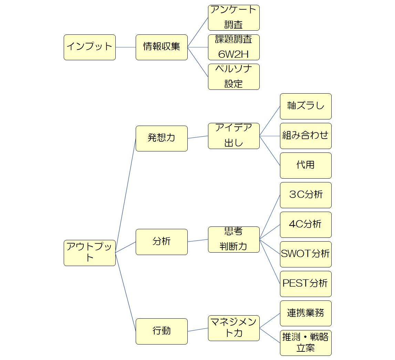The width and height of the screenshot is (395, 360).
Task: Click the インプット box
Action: click(90, 47)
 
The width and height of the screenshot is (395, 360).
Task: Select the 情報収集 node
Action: click(162, 47)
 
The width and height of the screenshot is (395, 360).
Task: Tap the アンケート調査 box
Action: click(233, 18)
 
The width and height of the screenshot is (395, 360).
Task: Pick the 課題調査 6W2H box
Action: click(233, 47)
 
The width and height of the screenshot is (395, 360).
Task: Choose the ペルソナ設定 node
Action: click(233, 76)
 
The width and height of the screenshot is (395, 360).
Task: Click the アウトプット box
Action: click(90, 253)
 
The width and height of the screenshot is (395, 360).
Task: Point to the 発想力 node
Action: click(162, 138)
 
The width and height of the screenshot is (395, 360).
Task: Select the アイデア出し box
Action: click(233, 136)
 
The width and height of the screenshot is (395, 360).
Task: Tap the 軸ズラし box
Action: click(305, 106)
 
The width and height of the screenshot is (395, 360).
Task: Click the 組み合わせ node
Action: click(305, 136)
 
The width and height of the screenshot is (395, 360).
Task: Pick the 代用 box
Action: click(305, 165)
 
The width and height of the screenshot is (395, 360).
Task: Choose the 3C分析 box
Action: click(305, 195)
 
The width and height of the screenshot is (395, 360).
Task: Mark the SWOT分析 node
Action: click(305, 254)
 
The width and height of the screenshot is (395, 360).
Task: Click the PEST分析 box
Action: click(305, 284)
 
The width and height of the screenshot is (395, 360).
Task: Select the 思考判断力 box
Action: click(233, 239)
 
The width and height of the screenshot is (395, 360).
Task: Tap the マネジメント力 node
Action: click(233, 328)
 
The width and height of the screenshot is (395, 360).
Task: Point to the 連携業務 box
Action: click(305, 313)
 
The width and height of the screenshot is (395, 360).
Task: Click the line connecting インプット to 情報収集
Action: click(126, 47)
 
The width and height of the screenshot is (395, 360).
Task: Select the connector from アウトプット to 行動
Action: click(125, 292)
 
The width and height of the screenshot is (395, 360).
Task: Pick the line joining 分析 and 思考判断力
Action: click(198, 241)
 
